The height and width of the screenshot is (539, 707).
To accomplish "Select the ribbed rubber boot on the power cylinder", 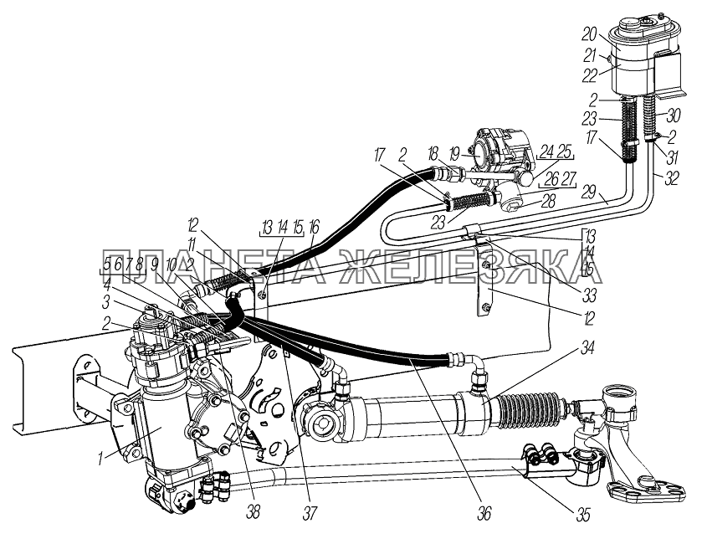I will [x=536, y=410].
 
